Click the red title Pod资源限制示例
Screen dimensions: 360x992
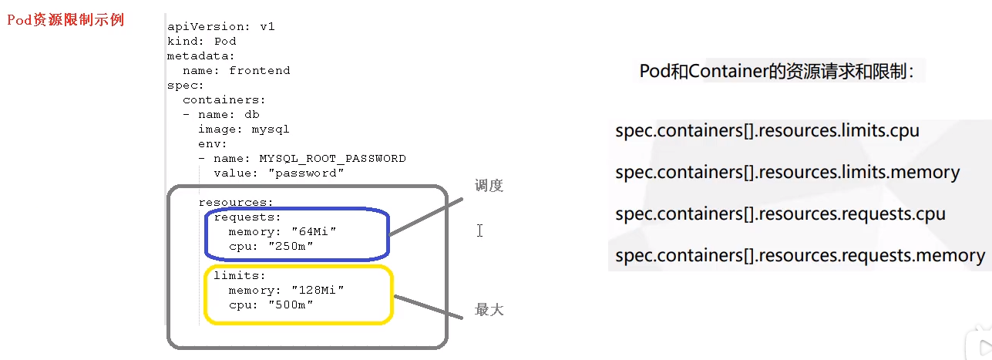point(66,20)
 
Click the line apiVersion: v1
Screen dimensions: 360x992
point(221,26)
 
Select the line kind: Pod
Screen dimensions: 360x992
point(202,41)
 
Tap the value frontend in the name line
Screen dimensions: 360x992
point(260,70)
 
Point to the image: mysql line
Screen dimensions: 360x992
point(244,129)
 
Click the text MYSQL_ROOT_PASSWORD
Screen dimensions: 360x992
point(332,158)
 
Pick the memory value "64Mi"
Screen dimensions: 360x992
point(314,232)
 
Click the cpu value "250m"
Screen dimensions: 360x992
point(291,247)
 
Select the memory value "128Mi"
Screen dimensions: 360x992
point(318,290)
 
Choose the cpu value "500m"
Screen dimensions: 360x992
point(291,304)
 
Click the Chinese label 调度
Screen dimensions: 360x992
point(489,186)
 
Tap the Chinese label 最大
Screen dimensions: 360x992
point(489,310)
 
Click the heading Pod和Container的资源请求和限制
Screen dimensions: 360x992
point(777,72)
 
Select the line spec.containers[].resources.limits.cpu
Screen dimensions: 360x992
point(768,130)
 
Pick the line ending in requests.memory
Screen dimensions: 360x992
point(800,255)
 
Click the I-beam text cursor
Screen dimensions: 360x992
point(479,230)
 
